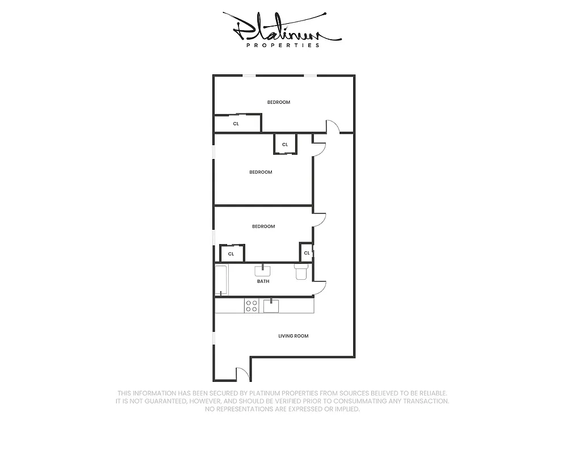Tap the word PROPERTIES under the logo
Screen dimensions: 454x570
pos(283,45)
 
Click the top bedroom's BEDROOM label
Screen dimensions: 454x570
pos(279,102)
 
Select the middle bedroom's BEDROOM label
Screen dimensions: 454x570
pos(261,172)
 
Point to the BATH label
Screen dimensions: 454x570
pos(263,281)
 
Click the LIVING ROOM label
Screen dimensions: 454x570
pos(293,336)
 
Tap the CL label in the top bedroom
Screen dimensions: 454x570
pos(236,123)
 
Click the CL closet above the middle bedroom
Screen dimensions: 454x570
pos(285,144)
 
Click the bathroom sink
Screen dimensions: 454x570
pos(263,270)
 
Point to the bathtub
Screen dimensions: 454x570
pos(221,280)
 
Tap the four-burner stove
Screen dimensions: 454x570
pos(251,306)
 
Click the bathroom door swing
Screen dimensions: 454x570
pos(321,287)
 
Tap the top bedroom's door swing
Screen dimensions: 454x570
pos(332,127)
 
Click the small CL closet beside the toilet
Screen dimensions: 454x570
pos(307,253)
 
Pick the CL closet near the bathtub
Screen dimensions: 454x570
pos(231,254)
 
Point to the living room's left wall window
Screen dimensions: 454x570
pos(213,337)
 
